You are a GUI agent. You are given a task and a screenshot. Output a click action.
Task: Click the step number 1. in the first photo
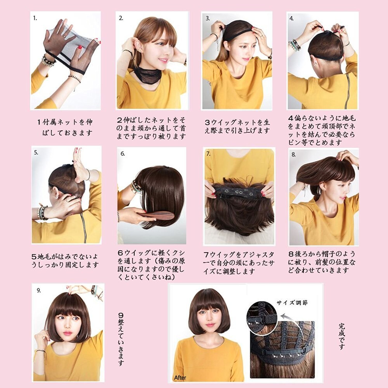click(35, 18)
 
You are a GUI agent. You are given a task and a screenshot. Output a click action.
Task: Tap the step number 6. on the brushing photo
click(123, 154)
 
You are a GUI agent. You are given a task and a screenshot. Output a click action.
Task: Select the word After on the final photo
click(180, 378)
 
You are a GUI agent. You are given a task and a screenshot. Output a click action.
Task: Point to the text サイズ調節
click(292, 303)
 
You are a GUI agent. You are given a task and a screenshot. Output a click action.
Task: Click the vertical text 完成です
click(342, 336)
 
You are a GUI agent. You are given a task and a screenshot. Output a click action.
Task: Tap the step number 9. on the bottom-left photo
click(39, 290)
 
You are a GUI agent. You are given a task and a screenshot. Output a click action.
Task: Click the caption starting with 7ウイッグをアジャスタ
click(238, 263)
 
